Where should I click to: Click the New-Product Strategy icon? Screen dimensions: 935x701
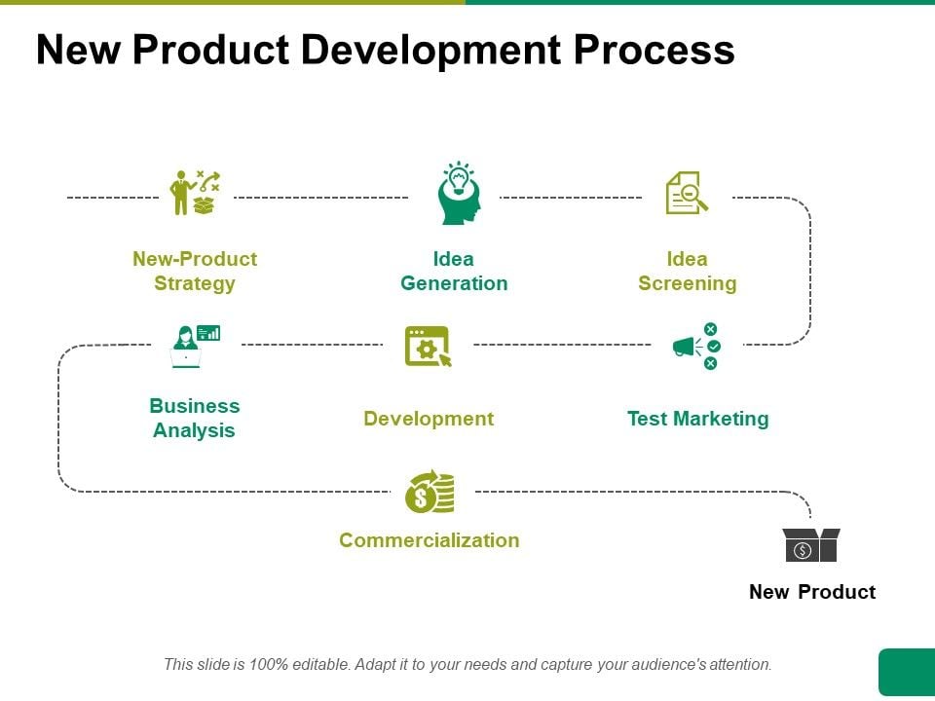pos(195,193)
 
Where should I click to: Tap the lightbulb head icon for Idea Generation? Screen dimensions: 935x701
pos(459,193)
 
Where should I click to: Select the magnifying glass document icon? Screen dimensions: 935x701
pos(687,193)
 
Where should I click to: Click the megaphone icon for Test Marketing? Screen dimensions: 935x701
pos(696,347)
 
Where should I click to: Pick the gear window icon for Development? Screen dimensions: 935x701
pos(429,347)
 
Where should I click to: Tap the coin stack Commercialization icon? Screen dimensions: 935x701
pos(430,492)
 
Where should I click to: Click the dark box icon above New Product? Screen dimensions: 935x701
pos(811,545)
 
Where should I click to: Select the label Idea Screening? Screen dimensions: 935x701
pos(688,272)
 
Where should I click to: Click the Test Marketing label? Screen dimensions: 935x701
pos(697,419)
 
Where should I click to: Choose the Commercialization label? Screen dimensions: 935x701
pos(430,540)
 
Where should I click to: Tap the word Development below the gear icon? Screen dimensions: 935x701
pos(429,419)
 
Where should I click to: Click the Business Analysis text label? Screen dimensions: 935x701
pos(195,418)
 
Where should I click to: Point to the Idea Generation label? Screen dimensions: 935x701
pos(454,272)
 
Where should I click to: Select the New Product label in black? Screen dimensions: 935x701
pos(812,592)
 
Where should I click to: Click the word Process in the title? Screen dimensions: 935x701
pos(654,50)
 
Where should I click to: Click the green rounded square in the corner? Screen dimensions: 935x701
pos(907,672)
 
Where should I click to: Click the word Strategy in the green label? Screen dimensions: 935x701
pos(195,283)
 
